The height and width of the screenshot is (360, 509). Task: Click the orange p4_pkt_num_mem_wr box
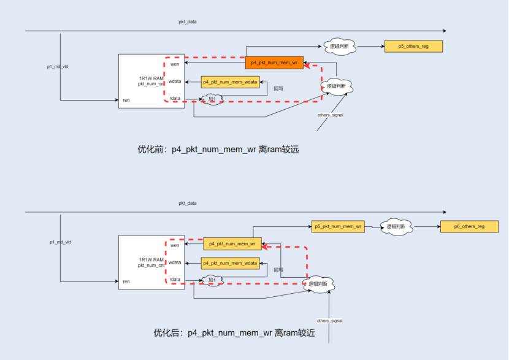pos(274,63)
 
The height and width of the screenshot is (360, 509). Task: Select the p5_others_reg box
pos(413,46)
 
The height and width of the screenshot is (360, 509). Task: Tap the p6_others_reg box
pos(469,227)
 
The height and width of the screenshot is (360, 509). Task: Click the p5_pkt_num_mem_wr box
pos(339,227)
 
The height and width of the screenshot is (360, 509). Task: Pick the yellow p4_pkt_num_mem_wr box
pos(232,244)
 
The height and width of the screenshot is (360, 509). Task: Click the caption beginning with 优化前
pos(217,150)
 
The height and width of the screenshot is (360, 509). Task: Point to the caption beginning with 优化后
pos(234,333)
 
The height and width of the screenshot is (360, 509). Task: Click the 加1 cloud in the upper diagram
pos(213,99)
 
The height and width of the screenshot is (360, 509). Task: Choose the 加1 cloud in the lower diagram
pos(213,280)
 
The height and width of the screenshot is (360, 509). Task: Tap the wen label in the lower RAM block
pos(175,245)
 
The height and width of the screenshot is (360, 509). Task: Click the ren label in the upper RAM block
pos(126,99)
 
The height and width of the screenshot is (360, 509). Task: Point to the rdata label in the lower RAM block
pos(175,280)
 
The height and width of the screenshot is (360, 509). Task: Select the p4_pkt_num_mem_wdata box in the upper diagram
pos(230,82)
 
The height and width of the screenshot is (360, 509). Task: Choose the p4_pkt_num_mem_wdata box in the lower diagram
pos(230,263)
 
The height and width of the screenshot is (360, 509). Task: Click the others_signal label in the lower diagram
pos(329,321)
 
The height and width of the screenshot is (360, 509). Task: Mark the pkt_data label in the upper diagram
pos(188,22)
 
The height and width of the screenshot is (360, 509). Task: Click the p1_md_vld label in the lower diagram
pos(60,242)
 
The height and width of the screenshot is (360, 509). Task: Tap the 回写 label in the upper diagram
pos(278,88)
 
